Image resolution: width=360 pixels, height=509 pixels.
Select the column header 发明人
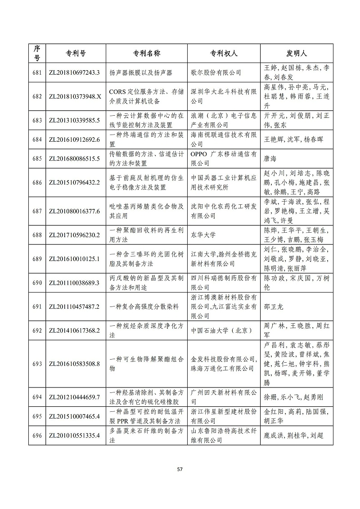point(297,54)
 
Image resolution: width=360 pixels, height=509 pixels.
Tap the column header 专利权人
point(224,54)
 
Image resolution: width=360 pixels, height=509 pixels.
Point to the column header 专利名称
point(147,54)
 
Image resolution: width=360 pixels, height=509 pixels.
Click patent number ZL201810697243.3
point(73,72)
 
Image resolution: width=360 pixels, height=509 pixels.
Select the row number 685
point(37,158)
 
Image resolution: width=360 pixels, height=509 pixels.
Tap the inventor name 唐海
point(270,158)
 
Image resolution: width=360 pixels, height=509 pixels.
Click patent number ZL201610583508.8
point(73,364)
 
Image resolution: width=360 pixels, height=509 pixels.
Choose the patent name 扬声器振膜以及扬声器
point(141,72)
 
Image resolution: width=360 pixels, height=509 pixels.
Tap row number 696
point(37,435)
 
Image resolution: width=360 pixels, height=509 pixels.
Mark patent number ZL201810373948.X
point(73,96)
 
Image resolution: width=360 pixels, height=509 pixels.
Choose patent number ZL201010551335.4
point(73,435)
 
